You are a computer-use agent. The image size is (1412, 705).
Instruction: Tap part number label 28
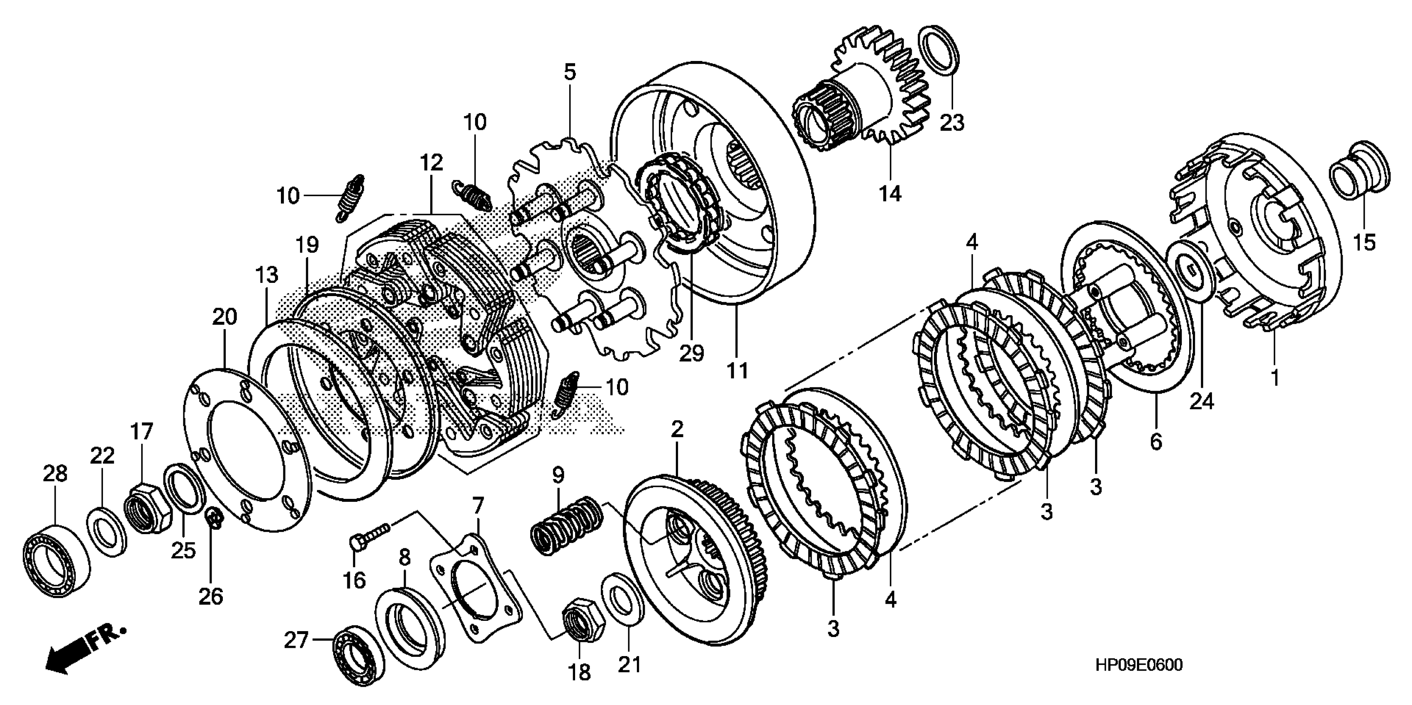pos(55,474)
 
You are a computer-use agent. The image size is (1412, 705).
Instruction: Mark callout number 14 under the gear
pos(890,193)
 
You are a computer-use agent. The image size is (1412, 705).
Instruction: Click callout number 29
pos(691,354)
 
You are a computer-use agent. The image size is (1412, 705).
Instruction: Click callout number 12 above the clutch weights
pos(432,163)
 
